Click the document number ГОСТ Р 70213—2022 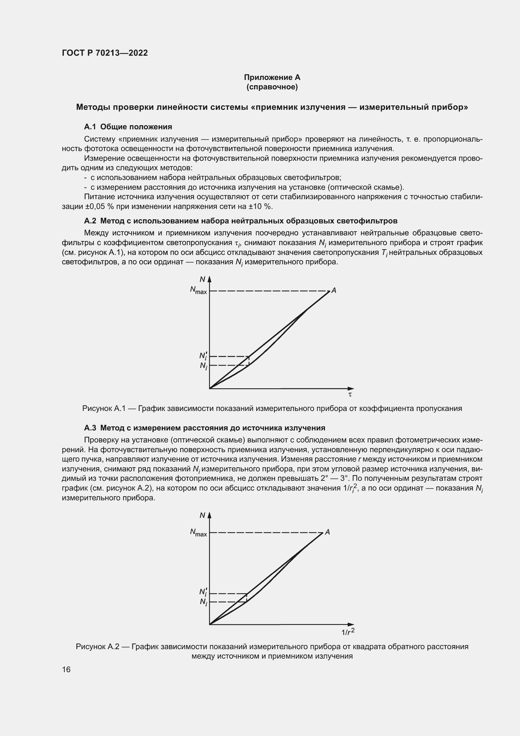105,53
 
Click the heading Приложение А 272,77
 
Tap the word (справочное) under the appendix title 272,87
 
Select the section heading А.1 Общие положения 128,127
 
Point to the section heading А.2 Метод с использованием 241,221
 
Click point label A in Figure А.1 334,290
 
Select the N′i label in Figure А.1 203,356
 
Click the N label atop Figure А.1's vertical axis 202,279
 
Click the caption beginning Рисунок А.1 272,409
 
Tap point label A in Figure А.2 327,532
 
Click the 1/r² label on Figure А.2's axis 348,632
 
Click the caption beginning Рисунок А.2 272,647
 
